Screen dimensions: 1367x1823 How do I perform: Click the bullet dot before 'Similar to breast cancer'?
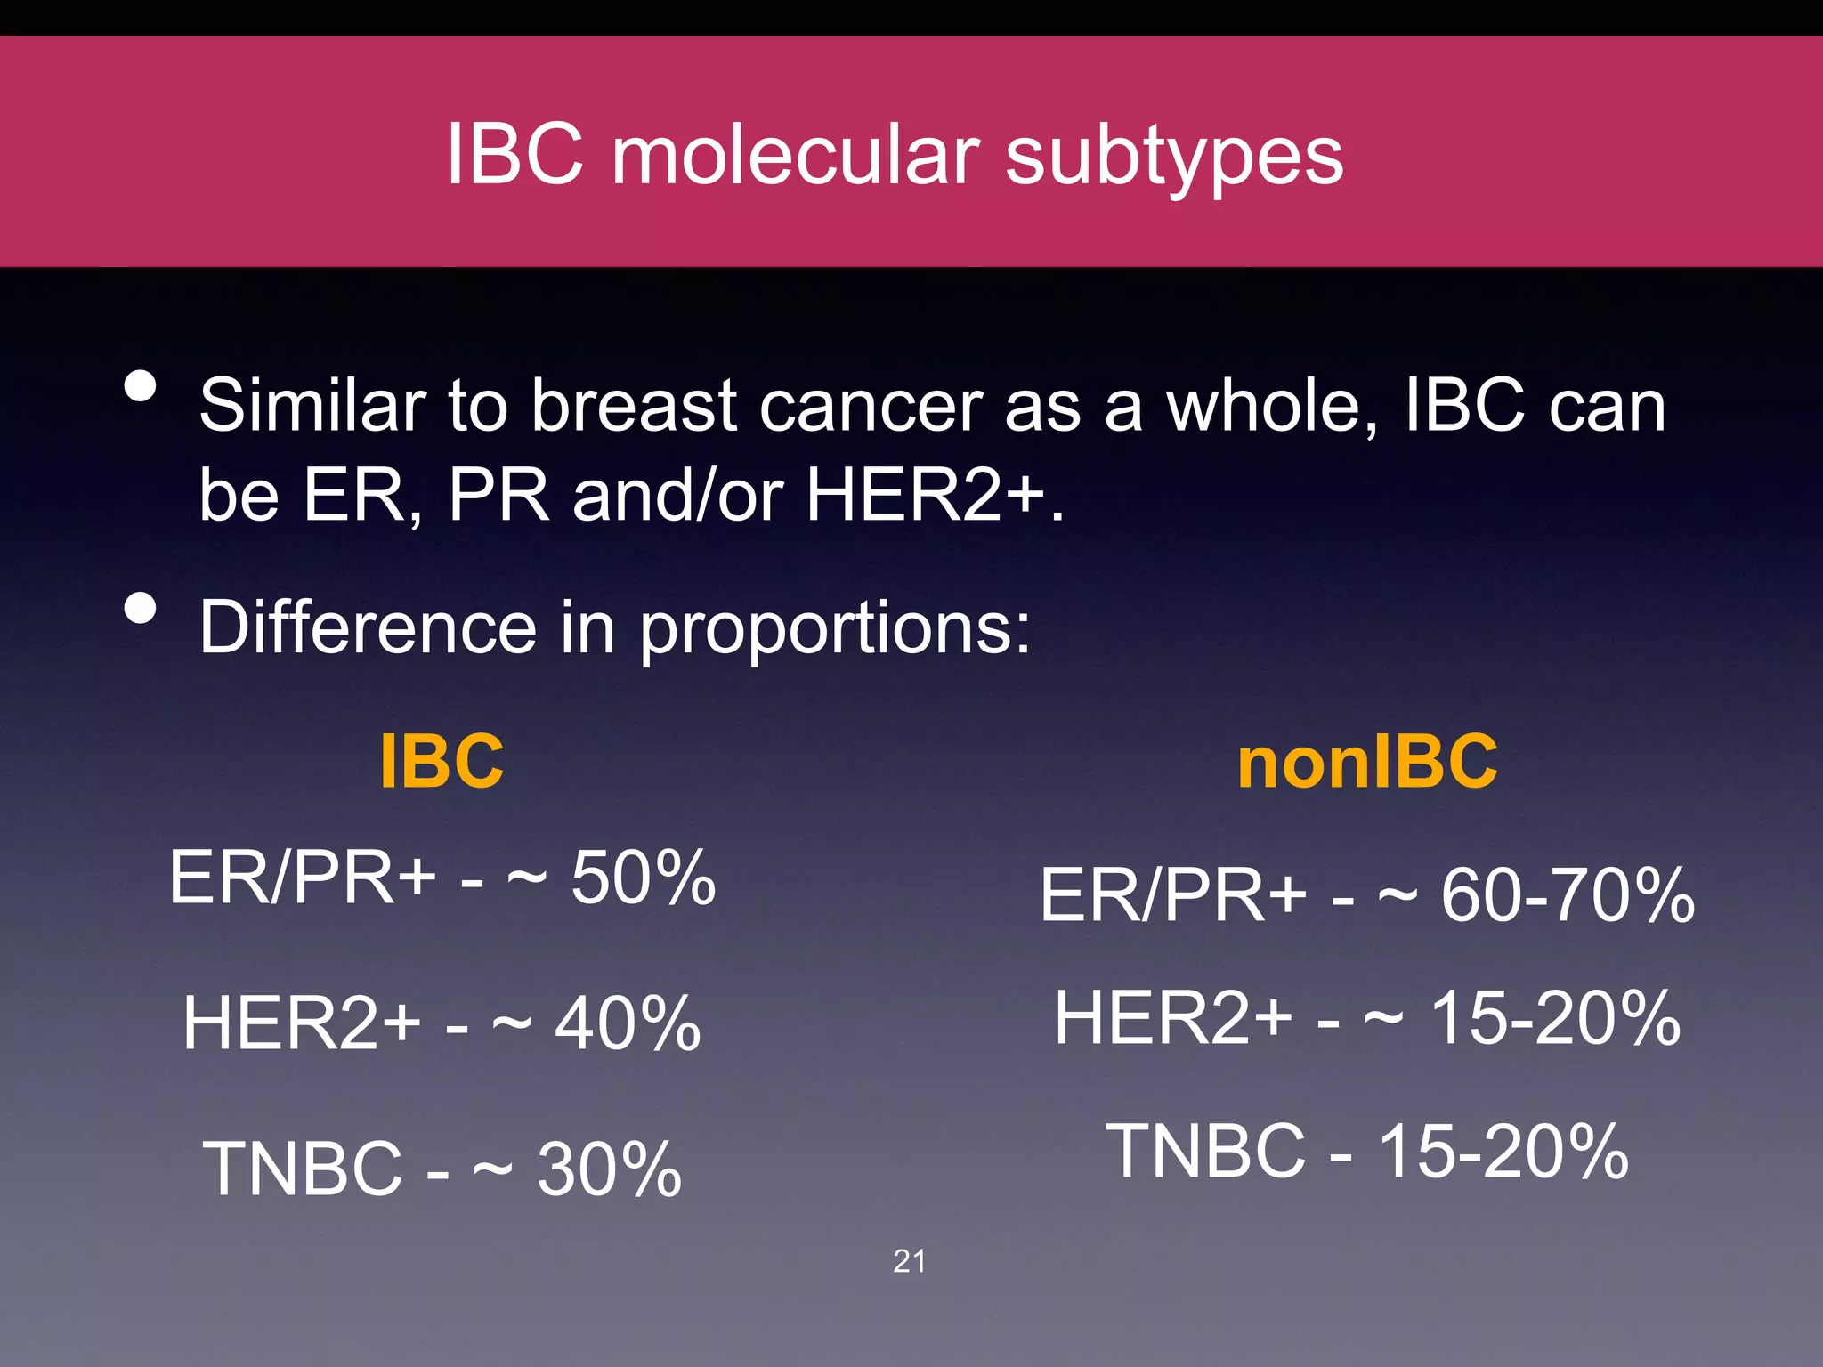(x=141, y=386)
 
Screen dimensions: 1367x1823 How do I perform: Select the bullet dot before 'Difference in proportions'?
(x=141, y=609)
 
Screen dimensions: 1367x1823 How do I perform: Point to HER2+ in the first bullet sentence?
(x=926, y=495)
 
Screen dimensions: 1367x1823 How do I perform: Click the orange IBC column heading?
(x=442, y=762)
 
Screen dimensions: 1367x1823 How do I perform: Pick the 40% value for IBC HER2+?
(x=628, y=1023)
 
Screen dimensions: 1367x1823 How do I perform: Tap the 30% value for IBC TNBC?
(x=610, y=1169)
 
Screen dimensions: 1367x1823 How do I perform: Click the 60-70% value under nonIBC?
(x=1568, y=895)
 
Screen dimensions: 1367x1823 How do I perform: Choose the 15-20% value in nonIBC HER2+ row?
(x=1555, y=1018)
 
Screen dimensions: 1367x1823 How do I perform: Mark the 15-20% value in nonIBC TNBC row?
(x=1503, y=1151)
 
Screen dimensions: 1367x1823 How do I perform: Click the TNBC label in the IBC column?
(x=303, y=1169)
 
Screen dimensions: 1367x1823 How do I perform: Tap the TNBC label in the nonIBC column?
(x=1205, y=1151)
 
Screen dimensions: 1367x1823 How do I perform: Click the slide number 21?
(x=909, y=1261)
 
